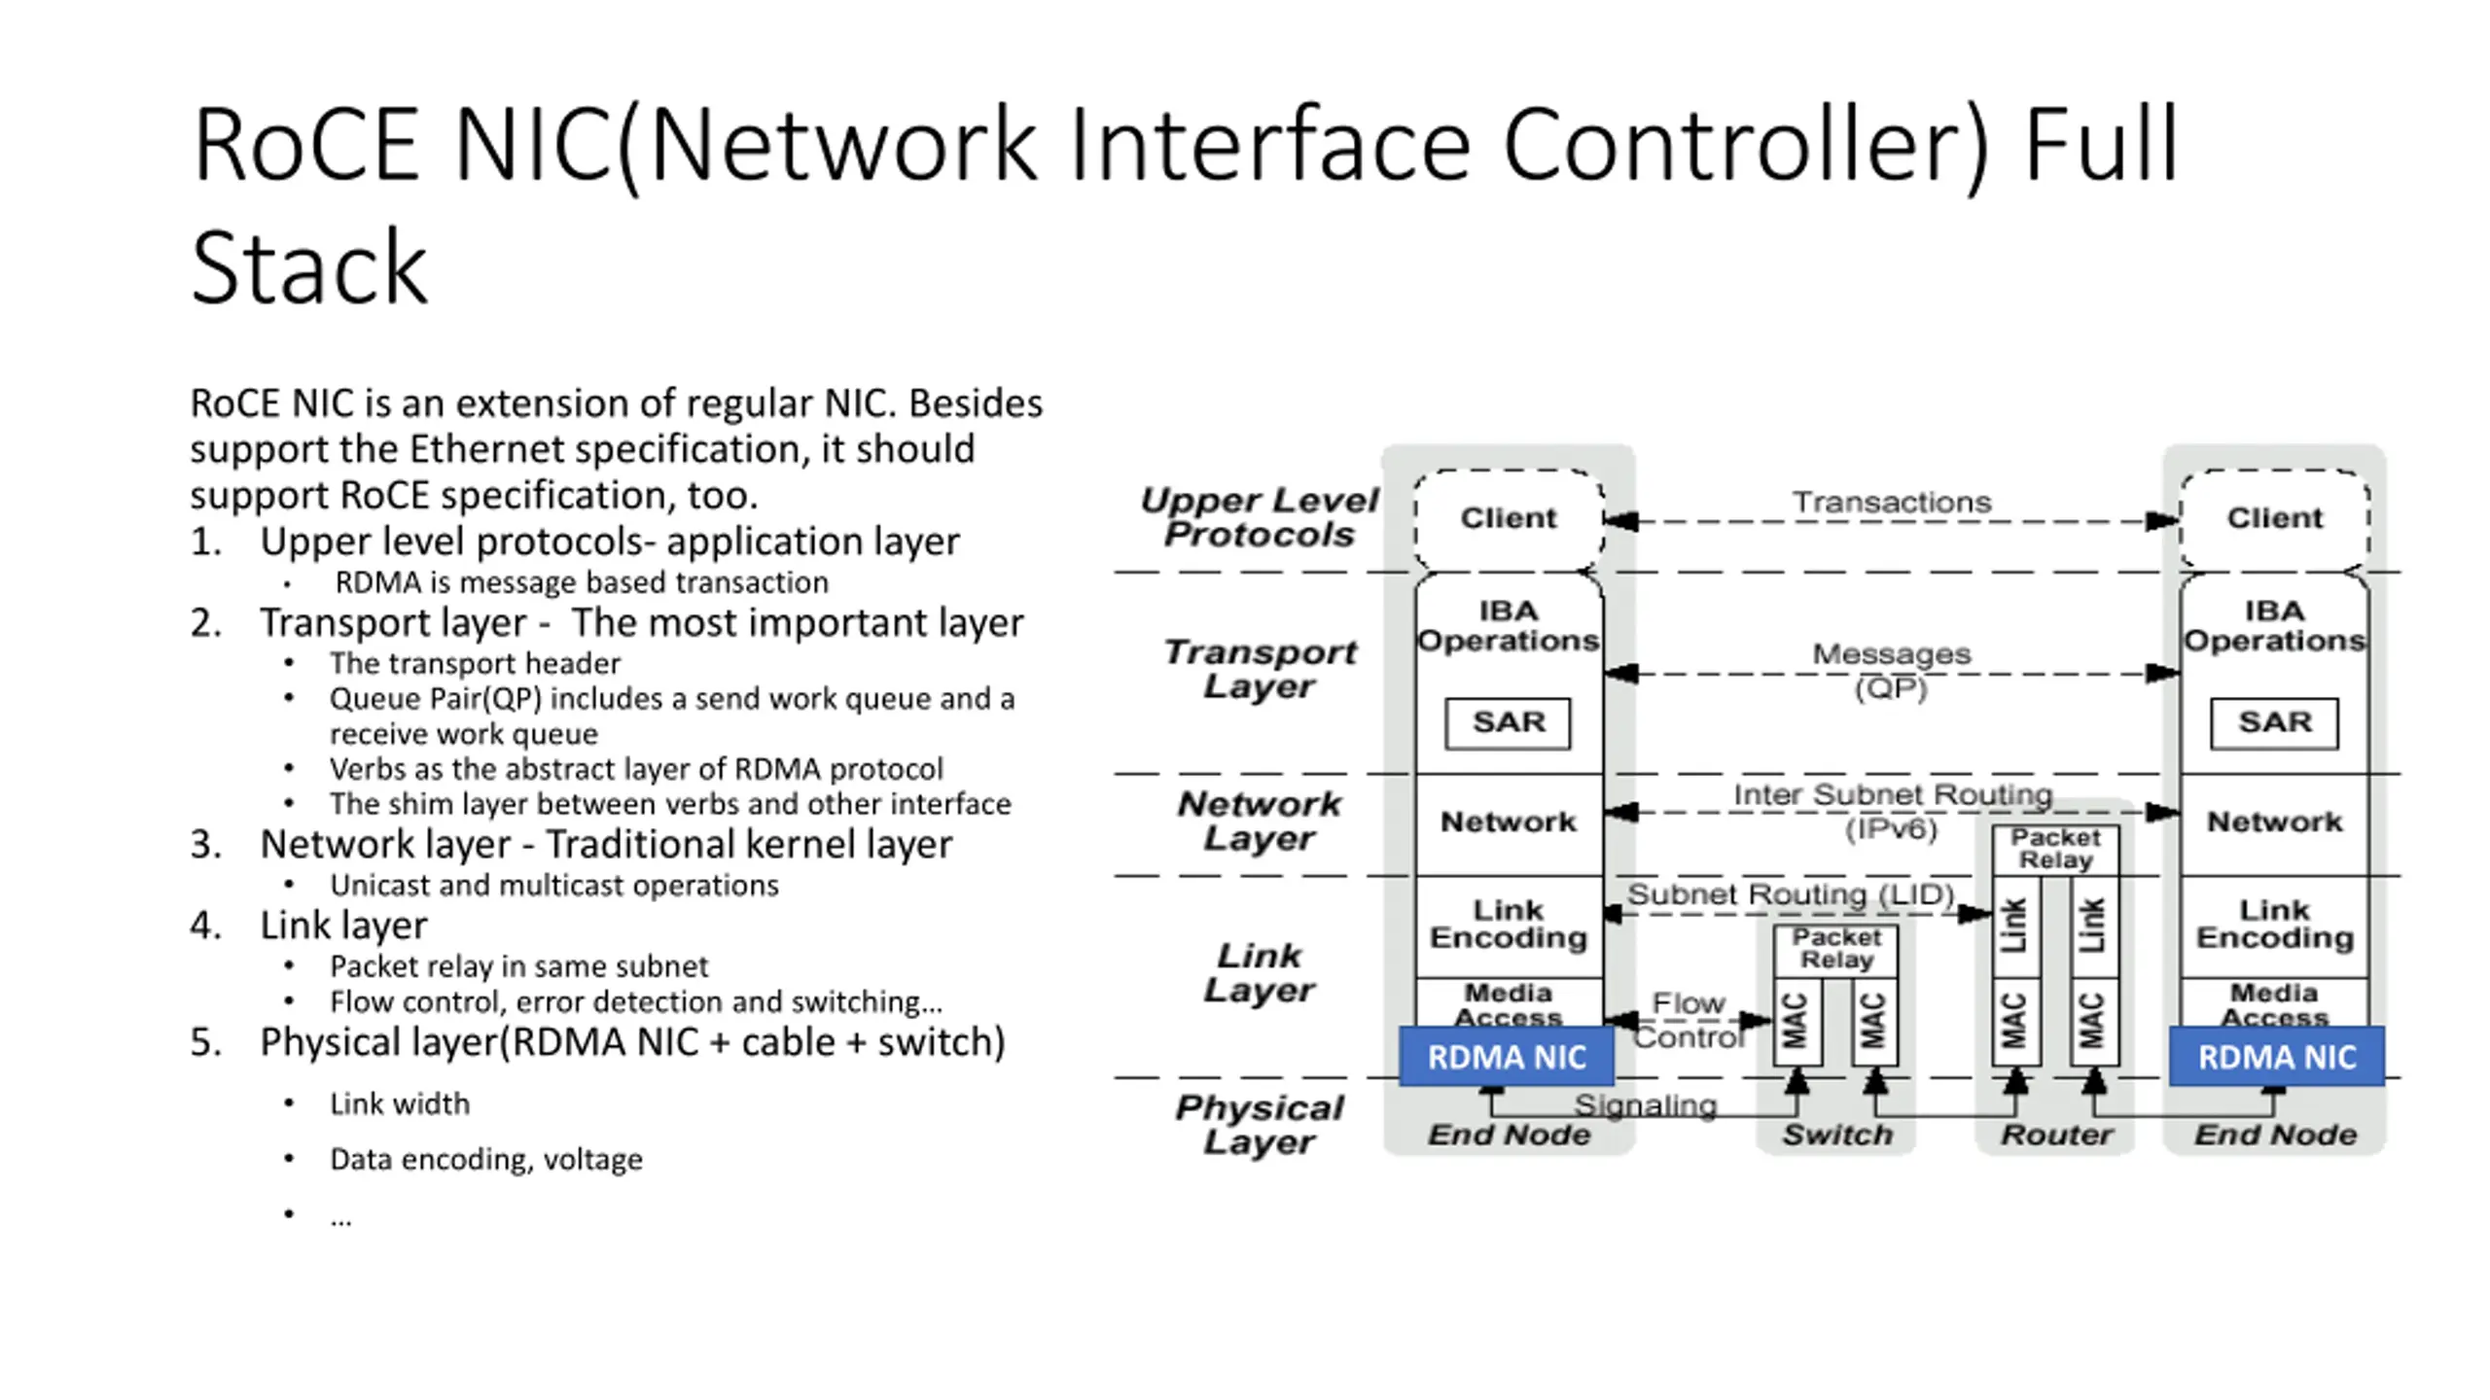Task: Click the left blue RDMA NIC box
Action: click(x=1507, y=1056)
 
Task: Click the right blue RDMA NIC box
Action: click(x=2277, y=1056)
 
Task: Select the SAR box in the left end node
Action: click(x=1508, y=723)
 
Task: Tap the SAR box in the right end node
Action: click(x=2274, y=723)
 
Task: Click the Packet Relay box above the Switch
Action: click(x=1836, y=950)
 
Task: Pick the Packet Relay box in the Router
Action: click(x=2055, y=850)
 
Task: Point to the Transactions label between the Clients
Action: click(x=1892, y=502)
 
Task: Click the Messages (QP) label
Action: click(x=1891, y=670)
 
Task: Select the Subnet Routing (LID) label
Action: click(x=1791, y=893)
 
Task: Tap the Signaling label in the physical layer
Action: click(x=1645, y=1104)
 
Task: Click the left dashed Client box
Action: click(x=1508, y=518)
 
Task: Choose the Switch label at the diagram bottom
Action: click(x=1836, y=1135)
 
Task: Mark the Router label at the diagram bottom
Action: click(x=2056, y=1135)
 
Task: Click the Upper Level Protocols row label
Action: click(x=1260, y=517)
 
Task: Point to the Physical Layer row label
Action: click(x=1260, y=1124)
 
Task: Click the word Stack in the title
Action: click(x=309, y=266)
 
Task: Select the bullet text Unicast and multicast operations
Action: click(x=554, y=886)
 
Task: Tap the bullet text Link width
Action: click(x=400, y=1104)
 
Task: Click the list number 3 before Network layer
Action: click(x=205, y=845)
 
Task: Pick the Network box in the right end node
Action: click(x=2274, y=822)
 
